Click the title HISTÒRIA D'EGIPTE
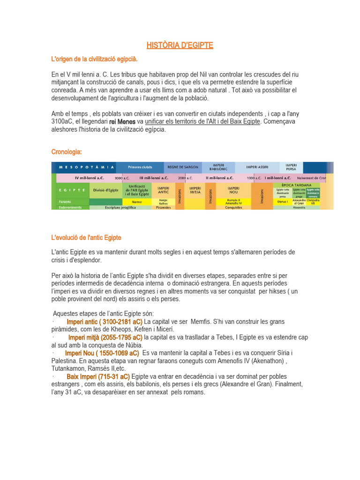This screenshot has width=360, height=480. click(x=180, y=45)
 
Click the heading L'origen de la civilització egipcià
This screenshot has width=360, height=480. click(x=94, y=60)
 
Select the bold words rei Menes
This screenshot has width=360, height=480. click(x=122, y=122)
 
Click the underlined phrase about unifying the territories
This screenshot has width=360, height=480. click(x=202, y=122)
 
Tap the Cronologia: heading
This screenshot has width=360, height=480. click(x=67, y=151)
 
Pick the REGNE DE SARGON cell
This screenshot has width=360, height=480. click(x=182, y=167)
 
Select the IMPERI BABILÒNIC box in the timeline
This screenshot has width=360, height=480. click(x=218, y=167)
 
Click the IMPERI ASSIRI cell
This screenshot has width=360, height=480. click(x=257, y=167)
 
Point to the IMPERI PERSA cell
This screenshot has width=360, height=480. click(x=291, y=167)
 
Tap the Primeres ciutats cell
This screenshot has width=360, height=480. click(x=140, y=167)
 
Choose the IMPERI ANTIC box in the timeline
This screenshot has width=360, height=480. click(x=163, y=190)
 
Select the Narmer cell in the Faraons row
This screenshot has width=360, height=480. click(x=136, y=202)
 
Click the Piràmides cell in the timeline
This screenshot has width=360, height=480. click(x=163, y=207)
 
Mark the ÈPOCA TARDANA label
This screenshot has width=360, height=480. click(x=302, y=185)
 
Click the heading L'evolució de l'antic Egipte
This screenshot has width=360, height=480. click(x=86, y=238)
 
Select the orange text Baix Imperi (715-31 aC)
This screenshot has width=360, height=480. click(x=98, y=376)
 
